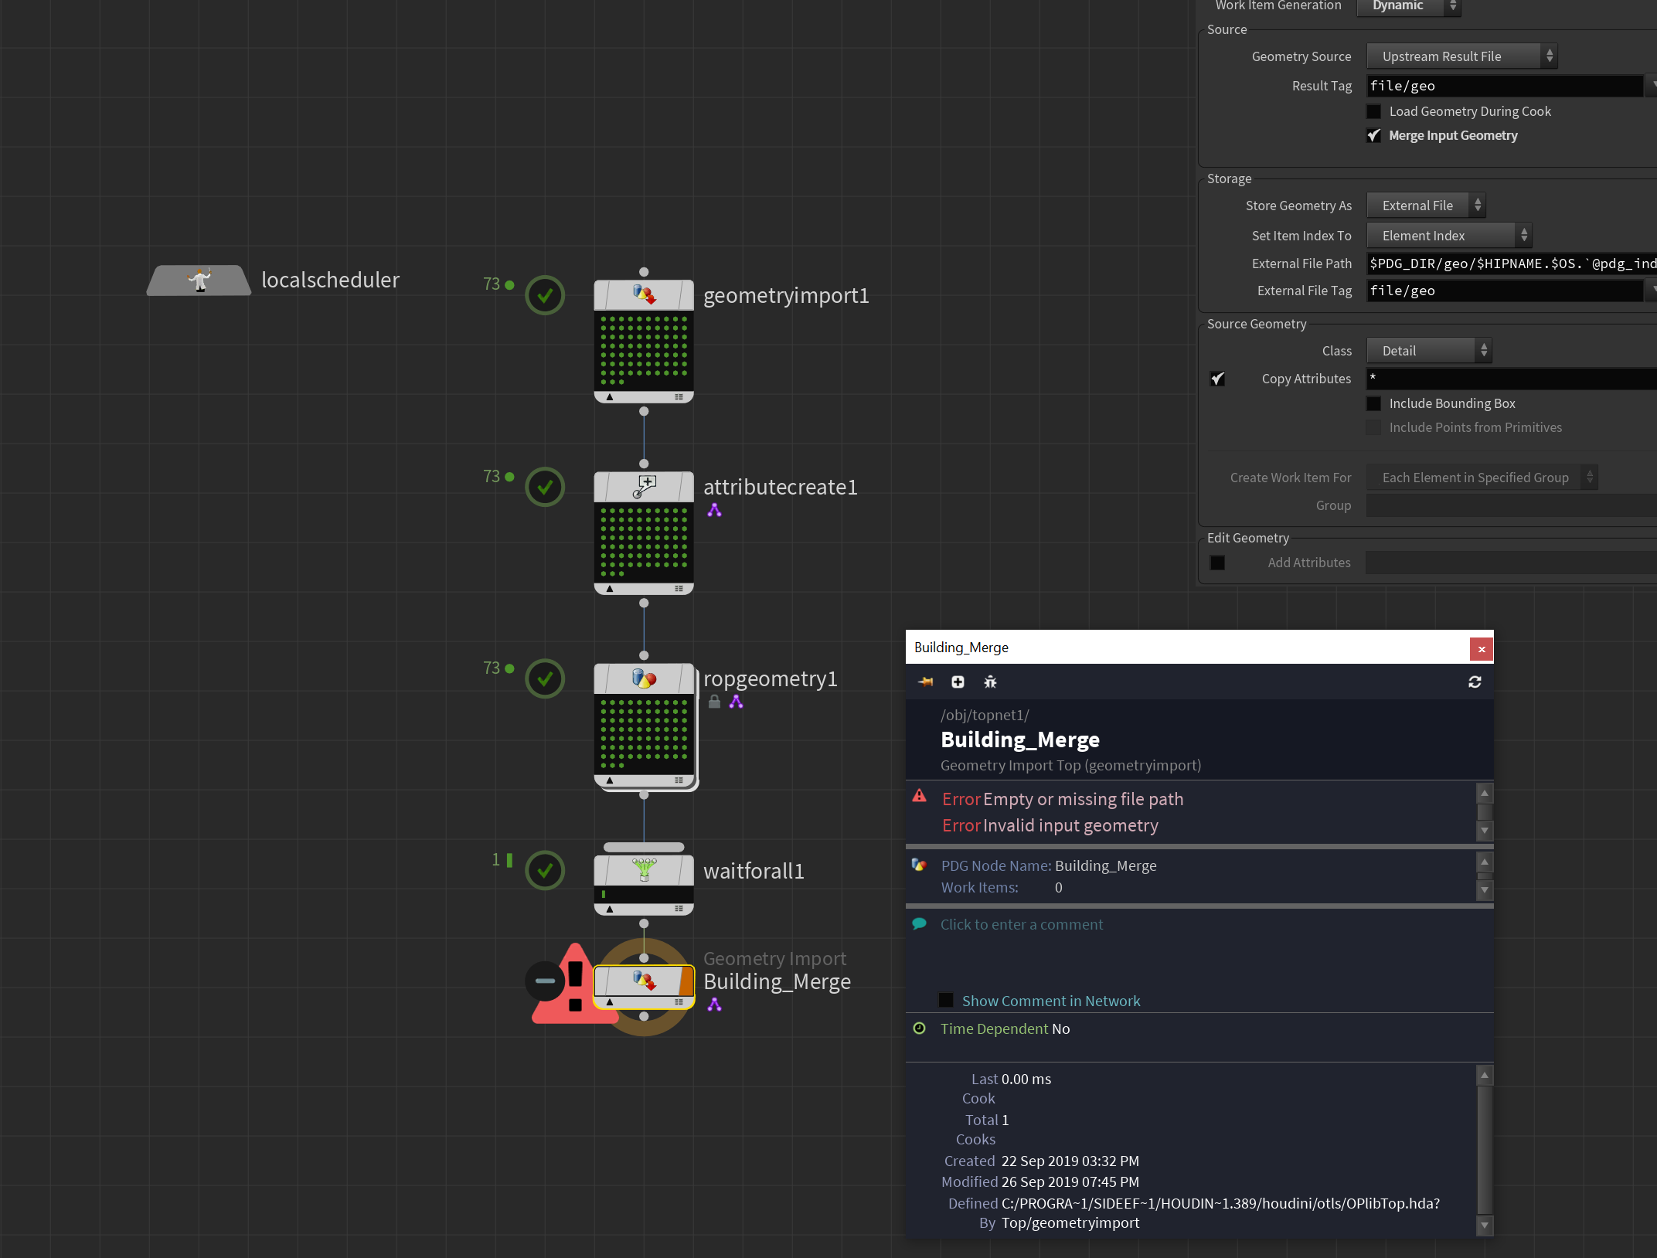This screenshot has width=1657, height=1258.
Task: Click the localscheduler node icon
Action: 199,280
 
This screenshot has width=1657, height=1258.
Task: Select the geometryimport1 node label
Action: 786,296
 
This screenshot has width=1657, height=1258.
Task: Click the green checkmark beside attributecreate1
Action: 545,487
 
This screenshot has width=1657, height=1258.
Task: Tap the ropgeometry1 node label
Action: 771,678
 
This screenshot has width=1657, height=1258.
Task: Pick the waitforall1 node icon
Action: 644,870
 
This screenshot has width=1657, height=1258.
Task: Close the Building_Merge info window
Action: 1481,649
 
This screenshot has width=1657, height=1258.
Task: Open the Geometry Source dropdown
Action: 1461,56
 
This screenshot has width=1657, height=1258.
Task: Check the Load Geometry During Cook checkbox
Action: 1373,111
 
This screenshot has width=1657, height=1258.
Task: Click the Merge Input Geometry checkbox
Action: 1373,135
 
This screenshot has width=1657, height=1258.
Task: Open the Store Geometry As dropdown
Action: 1426,206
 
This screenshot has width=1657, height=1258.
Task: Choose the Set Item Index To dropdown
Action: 1449,236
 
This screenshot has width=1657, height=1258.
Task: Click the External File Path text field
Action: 1511,263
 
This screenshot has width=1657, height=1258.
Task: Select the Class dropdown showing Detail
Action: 1429,351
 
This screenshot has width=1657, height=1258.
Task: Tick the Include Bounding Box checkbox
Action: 1373,403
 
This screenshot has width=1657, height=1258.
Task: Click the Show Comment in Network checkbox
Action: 946,1000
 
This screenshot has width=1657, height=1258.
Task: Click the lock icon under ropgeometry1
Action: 715,702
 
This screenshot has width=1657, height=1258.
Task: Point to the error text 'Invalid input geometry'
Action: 1071,825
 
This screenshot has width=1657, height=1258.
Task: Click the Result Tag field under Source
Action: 1504,86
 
